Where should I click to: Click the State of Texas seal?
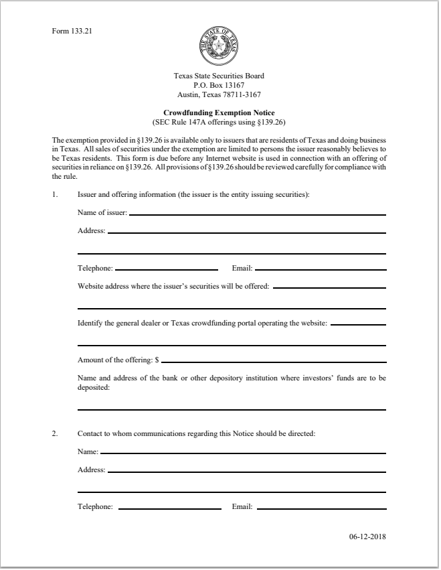point(219,44)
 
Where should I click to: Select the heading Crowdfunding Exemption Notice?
point(219,113)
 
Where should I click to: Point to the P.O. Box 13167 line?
point(219,85)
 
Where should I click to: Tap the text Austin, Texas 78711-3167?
point(219,94)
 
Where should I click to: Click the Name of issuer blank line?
point(258,214)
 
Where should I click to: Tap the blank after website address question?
point(329,287)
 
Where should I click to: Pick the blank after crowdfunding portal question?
point(358,324)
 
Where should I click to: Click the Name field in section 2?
point(243,453)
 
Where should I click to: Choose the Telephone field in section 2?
point(169,508)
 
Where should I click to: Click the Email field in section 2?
point(321,508)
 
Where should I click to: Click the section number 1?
point(56,195)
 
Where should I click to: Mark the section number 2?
point(56,433)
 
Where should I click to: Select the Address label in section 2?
point(91,470)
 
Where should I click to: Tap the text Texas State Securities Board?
point(219,76)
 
